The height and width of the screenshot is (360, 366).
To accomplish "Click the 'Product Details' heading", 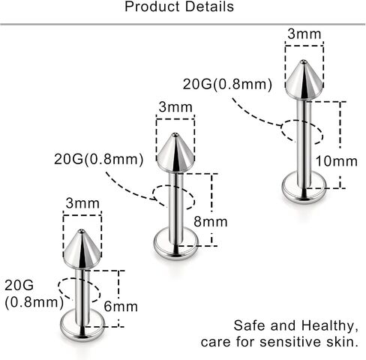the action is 179,7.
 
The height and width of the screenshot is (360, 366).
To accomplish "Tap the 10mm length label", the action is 337,161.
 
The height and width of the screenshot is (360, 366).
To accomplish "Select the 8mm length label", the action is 211,221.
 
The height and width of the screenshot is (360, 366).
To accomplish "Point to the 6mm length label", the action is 121,306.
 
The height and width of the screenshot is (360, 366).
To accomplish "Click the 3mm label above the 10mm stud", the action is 304,34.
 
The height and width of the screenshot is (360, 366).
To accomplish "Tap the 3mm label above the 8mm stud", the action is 175,107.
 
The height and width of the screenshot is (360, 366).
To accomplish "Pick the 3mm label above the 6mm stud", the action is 82,203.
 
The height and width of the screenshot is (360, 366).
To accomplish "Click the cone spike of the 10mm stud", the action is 304,80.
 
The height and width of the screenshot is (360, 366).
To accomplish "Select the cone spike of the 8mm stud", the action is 175,152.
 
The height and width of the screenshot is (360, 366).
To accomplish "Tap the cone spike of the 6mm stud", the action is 82,249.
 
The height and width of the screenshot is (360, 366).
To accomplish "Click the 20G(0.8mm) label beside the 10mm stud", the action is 227,84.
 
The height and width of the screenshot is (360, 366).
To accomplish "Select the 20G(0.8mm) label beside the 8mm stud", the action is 99,159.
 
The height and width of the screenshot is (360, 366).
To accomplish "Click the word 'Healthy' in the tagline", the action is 328,326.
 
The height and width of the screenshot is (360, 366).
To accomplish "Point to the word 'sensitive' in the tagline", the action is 290,342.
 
